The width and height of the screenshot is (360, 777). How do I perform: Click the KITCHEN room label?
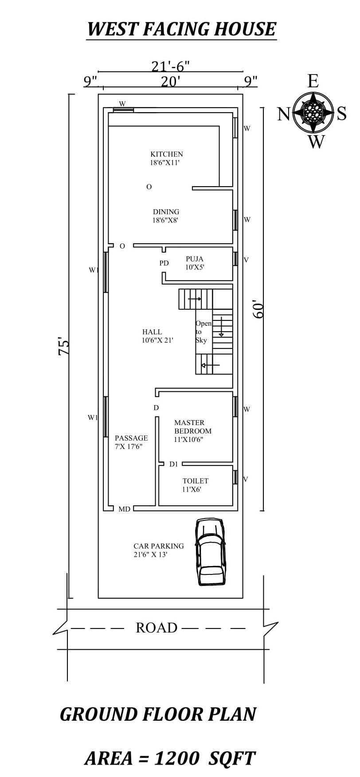coord(166,154)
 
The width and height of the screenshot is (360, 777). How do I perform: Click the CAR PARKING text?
coord(158,546)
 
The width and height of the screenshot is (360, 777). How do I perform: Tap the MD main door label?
coord(124,509)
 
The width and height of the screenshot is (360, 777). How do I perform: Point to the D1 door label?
coord(173,464)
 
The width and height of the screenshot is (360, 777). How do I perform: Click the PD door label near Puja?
coord(164,263)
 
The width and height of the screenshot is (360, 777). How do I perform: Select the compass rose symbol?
coord(314,112)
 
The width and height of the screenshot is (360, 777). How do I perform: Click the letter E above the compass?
coord(313,82)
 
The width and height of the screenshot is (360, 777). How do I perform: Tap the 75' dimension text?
coord(65,347)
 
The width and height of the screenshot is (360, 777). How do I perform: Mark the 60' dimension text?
coord(258,310)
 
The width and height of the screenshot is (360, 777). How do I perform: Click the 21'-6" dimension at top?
coord(170,66)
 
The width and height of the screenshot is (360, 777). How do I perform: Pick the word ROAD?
coord(156,628)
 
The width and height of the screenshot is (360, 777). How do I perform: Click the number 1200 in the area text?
coord(176,758)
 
